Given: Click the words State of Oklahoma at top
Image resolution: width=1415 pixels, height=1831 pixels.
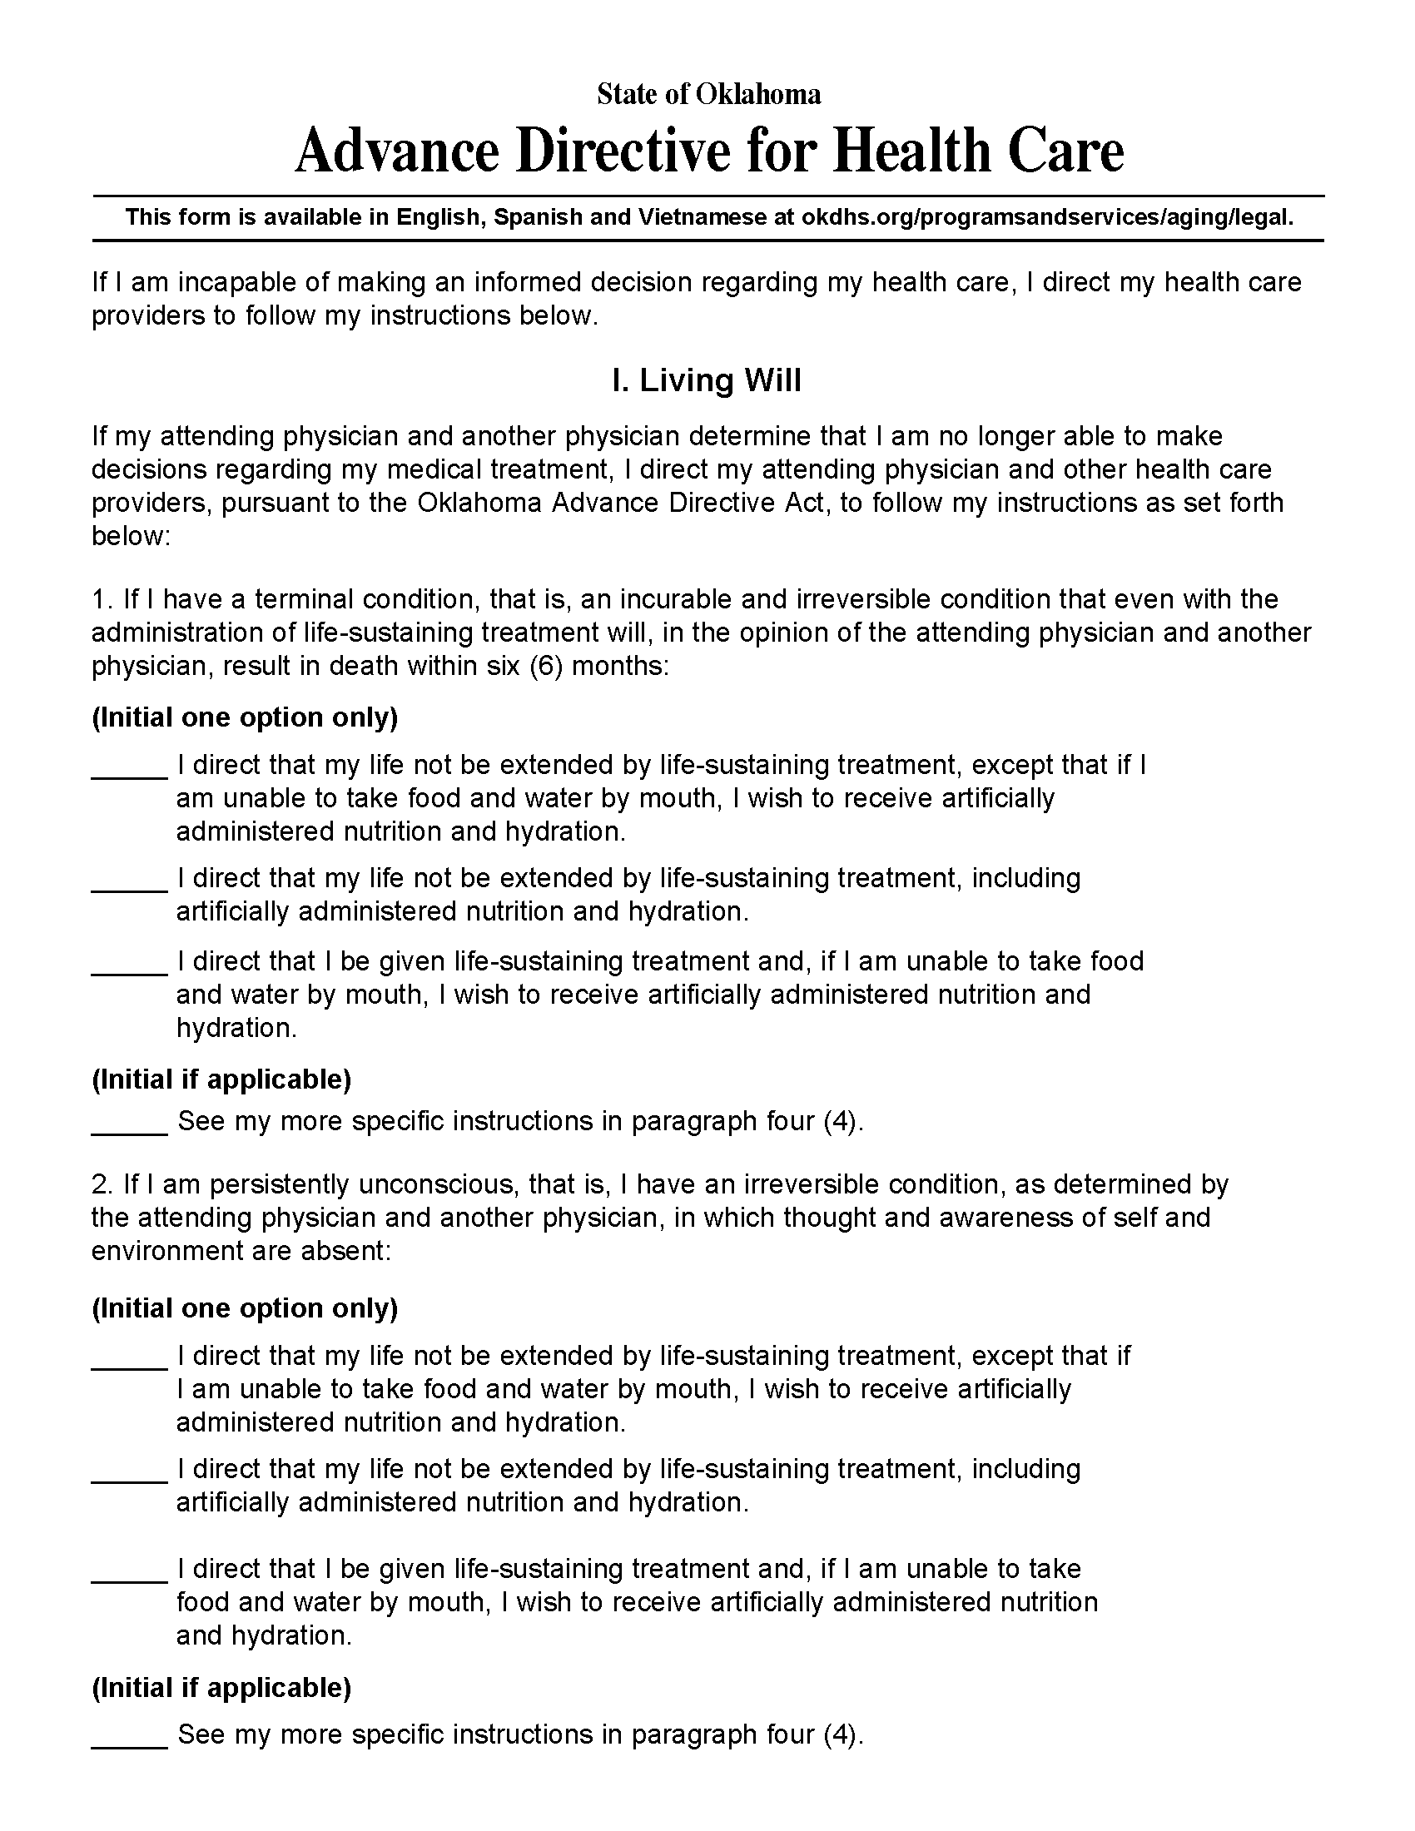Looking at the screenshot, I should (708, 94).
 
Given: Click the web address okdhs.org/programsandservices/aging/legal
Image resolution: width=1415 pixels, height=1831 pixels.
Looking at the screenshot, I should (1047, 218).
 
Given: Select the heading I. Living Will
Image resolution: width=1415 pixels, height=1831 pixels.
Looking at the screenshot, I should (707, 380).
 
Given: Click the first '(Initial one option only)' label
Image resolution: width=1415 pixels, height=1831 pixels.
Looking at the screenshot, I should (245, 717).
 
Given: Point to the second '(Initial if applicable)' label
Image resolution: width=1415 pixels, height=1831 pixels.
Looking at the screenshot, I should (221, 1687).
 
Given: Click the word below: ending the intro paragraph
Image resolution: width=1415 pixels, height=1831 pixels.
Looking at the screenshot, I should (131, 537).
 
